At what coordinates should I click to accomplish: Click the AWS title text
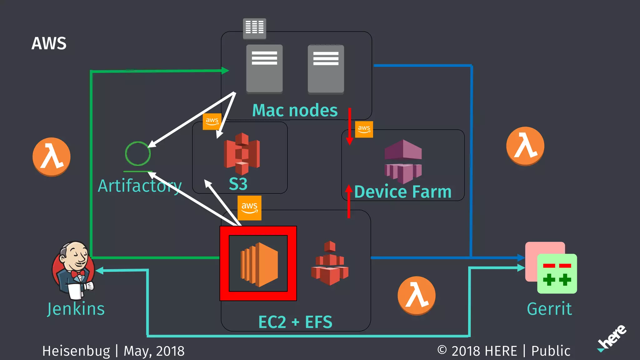click(49, 43)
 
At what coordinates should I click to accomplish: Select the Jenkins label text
click(76, 309)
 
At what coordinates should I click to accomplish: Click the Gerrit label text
click(549, 309)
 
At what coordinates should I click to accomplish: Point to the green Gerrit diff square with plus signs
click(557, 274)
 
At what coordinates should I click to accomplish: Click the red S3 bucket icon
click(242, 154)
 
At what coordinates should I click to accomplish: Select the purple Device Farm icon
click(403, 161)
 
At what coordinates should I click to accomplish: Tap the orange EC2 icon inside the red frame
click(259, 264)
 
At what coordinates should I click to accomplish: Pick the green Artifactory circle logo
click(138, 153)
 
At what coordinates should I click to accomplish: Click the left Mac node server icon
click(264, 69)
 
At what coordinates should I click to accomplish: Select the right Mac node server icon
click(326, 69)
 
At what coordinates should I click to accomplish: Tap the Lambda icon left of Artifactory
click(52, 157)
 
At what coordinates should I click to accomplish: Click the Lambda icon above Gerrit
click(525, 146)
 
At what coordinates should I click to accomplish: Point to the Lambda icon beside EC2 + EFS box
click(417, 296)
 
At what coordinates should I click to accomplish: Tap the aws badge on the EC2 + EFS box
click(249, 208)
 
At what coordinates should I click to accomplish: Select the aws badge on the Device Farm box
click(364, 129)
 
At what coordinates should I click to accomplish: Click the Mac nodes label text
click(295, 110)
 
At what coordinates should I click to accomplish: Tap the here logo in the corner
click(612, 338)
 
